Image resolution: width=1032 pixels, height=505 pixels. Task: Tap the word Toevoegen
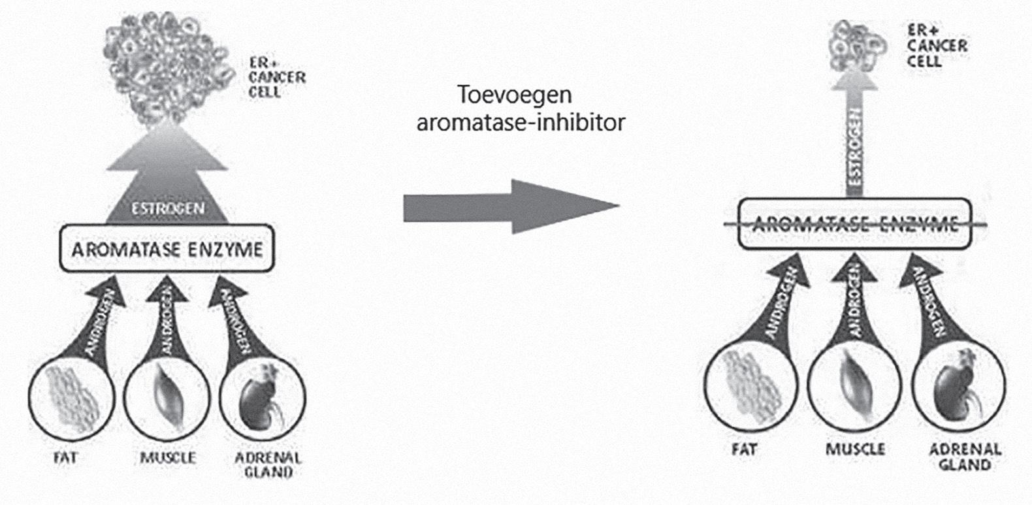click(x=515, y=95)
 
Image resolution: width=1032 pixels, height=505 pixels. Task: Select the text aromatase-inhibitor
click(x=520, y=122)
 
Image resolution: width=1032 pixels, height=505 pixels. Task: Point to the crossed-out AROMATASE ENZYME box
click(x=855, y=224)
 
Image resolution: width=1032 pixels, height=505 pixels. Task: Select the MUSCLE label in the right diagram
click(x=854, y=449)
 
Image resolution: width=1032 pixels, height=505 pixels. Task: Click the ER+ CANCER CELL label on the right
click(x=936, y=46)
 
